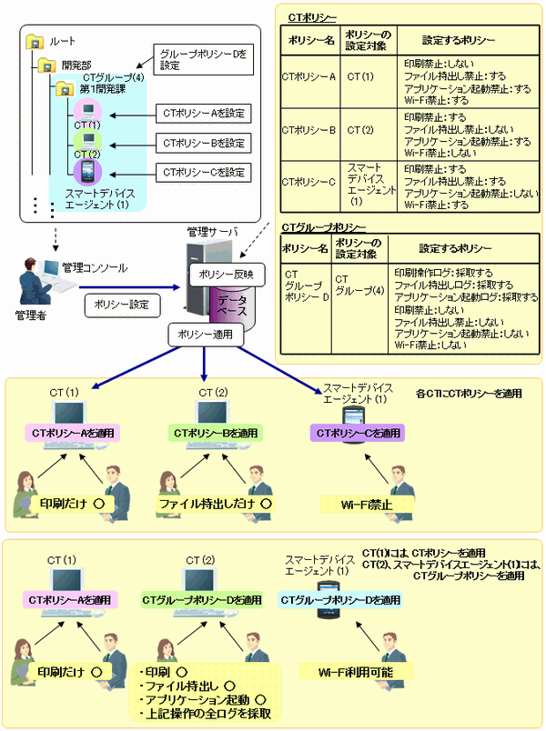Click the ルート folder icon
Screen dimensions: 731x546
(35, 40)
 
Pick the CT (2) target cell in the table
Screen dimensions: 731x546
(360, 129)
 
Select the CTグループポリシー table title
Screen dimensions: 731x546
(325, 225)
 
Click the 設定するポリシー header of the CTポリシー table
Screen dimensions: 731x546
(460, 41)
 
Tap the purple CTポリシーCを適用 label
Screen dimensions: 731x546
(358, 433)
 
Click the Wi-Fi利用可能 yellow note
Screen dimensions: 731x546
(351, 671)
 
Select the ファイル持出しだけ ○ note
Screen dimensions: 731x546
(217, 502)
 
